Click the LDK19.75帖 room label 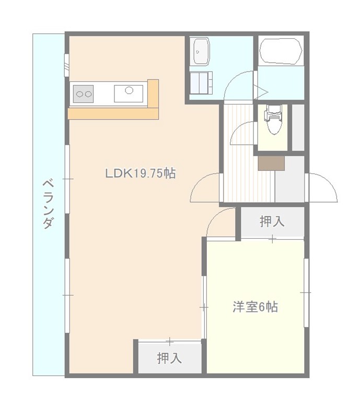[x=141, y=173]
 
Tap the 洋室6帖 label [x=256, y=307]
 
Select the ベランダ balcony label [x=48, y=204]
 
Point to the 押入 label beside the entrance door [x=272, y=221]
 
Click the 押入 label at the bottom [x=169, y=358]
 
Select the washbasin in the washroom [x=201, y=52]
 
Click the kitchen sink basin [x=129, y=93]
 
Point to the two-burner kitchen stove [x=83, y=94]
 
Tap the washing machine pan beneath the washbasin [x=201, y=83]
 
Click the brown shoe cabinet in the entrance [x=271, y=163]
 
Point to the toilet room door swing [x=242, y=133]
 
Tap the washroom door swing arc [x=239, y=86]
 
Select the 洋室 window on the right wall [x=306, y=292]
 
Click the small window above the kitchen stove [x=66, y=65]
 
